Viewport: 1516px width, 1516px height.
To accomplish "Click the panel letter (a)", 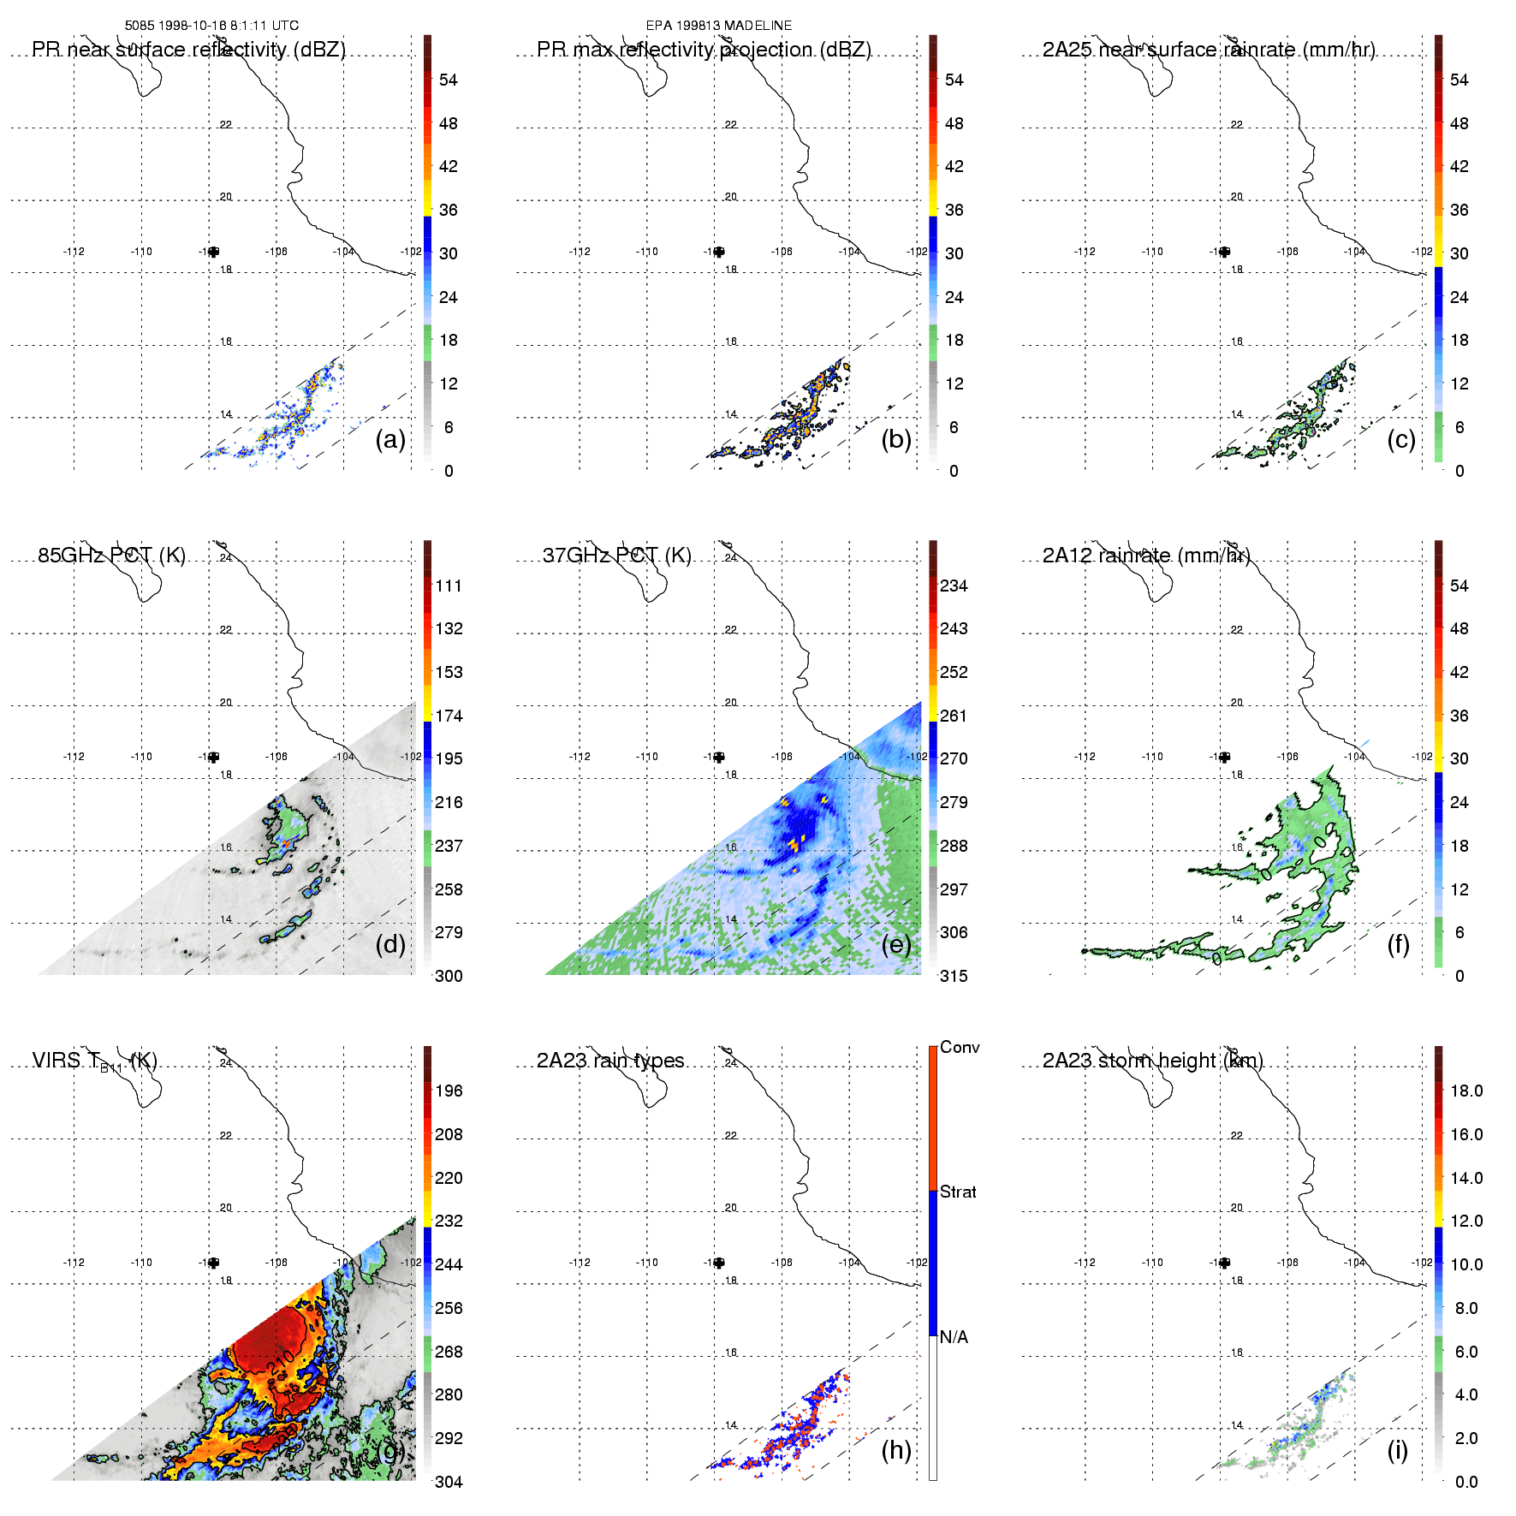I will click(x=389, y=440).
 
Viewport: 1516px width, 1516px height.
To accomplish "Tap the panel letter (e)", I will click(x=895, y=945).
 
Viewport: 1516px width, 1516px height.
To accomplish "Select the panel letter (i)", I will click(x=1397, y=1450).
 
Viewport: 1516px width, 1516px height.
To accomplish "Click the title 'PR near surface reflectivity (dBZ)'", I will click(x=188, y=50).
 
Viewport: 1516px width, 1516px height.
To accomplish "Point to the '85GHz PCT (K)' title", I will click(x=111, y=556).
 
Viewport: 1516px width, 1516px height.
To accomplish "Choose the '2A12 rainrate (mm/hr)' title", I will click(x=1145, y=556).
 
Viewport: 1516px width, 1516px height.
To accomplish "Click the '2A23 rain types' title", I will click(x=610, y=1061).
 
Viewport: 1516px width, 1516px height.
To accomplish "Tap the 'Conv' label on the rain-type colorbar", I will click(x=960, y=1047).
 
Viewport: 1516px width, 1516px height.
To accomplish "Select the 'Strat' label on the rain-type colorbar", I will click(x=958, y=1192).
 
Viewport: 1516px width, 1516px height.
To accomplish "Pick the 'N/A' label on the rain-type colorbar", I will click(x=954, y=1337).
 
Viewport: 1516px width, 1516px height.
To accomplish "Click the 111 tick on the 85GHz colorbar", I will click(x=449, y=586).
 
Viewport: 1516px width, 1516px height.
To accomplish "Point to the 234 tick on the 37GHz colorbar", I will click(x=954, y=586).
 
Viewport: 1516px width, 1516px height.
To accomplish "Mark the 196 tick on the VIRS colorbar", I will click(x=449, y=1091).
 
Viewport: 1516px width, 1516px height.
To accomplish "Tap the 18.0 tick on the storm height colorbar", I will click(x=1465, y=1091).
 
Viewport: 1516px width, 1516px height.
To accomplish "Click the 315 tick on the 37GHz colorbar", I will click(x=954, y=976).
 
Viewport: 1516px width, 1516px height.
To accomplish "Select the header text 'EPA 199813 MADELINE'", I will click(x=719, y=26).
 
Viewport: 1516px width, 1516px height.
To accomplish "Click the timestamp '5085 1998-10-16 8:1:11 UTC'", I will click(x=211, y=26).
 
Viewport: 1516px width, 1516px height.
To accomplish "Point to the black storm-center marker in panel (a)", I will click(x=213, y=252).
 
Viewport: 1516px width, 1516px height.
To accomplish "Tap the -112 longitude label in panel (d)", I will click(x=74, y=757).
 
